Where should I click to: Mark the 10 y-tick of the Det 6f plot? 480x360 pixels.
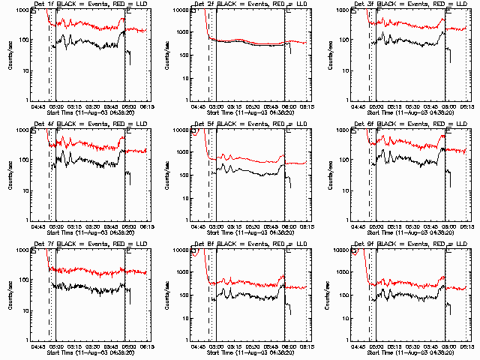coord(346,190)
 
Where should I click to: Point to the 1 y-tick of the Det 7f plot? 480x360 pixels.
coord(25,339)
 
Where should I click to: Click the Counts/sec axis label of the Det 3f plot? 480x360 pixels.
coord(330,55)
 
